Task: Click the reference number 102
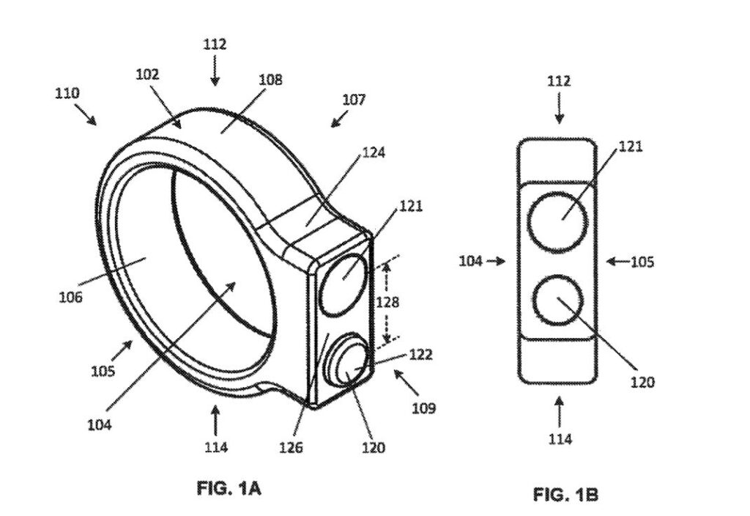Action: click(x=147, y=74)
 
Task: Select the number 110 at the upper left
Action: click(x=67, y=93)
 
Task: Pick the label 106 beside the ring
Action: click(x=72, y=297)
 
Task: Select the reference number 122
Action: click(x=420, y=355)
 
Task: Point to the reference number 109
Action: click(x=423, y=408)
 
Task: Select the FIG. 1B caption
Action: click(x=565, y=495)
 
